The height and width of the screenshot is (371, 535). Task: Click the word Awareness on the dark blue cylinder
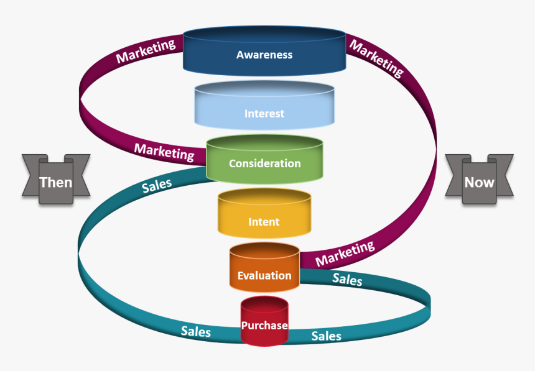click(x=264, y=55)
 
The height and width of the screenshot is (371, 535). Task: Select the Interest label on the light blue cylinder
click(x=264, y=114)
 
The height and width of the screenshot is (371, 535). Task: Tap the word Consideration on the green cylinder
click(x=264, y=163)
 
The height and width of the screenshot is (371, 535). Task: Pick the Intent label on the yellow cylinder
click(x=264, y=222)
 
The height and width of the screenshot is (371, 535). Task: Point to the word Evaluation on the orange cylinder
click(x=264, y=275)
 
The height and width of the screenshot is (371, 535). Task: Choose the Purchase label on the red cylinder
click(x=264, y=326)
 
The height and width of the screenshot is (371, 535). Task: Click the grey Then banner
click(x=56, y=182)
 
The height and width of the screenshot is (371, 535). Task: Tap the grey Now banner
click(x=479, y=182)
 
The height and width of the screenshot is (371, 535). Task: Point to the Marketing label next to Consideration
click(x=164, y=151)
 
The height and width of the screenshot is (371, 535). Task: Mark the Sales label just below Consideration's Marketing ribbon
click(x=157, y=185)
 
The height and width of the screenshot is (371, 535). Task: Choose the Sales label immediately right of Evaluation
click(x=347, y=279)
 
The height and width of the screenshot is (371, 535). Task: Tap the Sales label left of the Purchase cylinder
click(x=196, y=331)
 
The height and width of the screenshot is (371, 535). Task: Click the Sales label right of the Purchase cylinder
click(x=327, y=336)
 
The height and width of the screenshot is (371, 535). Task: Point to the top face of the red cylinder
click(x=264, y=303)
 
